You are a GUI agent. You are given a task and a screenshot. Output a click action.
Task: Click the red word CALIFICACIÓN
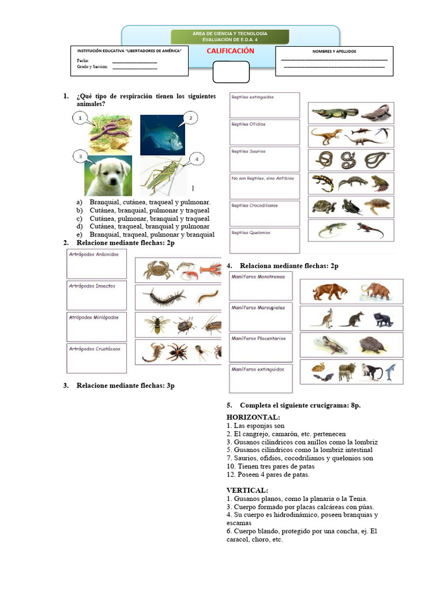[231, 51]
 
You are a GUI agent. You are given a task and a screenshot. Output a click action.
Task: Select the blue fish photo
[162, 134]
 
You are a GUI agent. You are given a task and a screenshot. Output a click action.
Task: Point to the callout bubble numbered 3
[81, 156]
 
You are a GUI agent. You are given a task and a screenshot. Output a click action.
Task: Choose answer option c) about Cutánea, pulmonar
[149, 219]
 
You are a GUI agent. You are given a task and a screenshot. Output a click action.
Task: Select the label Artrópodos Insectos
[92, 286]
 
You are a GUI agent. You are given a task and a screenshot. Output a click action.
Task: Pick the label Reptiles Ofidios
[249, 124]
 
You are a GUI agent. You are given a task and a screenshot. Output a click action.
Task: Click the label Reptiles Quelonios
[251, 233]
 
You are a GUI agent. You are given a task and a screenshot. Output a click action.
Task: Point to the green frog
[380, 183]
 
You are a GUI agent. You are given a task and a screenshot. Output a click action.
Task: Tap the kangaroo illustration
[326, 317]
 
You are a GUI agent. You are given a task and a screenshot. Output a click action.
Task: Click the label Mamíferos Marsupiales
[258, 308]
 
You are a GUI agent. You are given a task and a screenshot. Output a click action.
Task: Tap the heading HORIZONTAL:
[253, 417]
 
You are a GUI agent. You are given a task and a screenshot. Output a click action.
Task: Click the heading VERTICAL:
[247, 490]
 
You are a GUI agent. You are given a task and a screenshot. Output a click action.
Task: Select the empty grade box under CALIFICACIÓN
[231, 73]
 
